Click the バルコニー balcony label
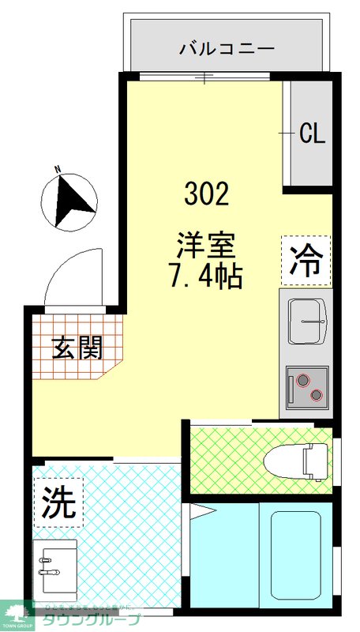tap(227, 49)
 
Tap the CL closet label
tap(312, 134)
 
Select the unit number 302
tap(207, 193)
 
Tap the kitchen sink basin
tap(307, 321)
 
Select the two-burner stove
tap(307, 387)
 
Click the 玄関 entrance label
tap(77, 348)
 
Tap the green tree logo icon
tap(17, 611)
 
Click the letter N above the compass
tap(58, 168)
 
